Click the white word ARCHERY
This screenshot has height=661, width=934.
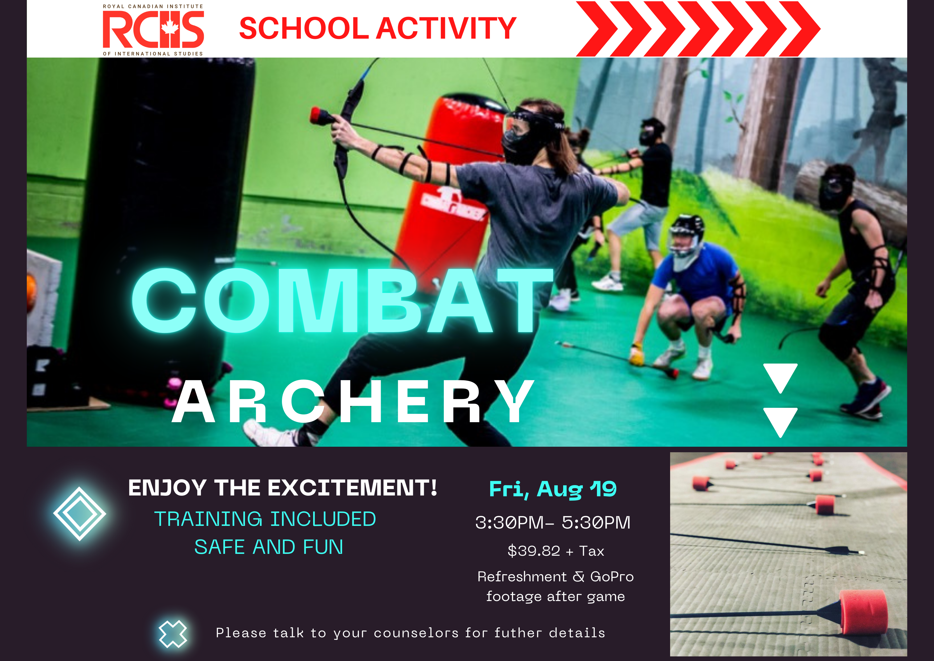(x=353, y=402)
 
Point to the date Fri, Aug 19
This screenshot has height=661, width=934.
(x=552, y=489)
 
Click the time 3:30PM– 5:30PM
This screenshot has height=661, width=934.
(x=552, y=522)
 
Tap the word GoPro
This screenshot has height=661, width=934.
(x=611, y=577)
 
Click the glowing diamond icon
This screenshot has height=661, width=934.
(x=80, y=514)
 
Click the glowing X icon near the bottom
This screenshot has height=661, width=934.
(x=173, y=634)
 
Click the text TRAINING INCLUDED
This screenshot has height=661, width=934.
(x=265, y=519)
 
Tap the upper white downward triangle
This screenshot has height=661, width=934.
(x=780, y=377)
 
